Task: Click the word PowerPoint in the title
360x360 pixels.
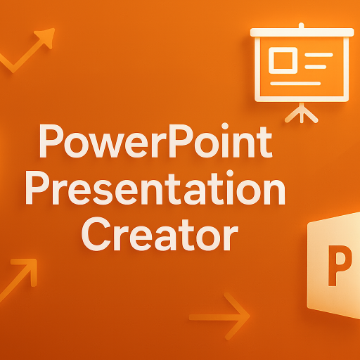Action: coord(155,141)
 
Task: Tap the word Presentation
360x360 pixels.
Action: coord(155,189)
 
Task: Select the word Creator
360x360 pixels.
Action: coord(160,234)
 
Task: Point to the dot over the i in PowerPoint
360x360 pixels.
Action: coord(225,127)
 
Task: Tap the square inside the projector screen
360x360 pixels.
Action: coord(283,60)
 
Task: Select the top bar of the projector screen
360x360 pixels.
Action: coord(302,32)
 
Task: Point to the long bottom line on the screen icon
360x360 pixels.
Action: coord(295,84)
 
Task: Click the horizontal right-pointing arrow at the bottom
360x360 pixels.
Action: coord(219,316)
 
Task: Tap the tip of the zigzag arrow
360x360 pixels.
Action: coord(54,29)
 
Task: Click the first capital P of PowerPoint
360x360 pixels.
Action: coord(51,141)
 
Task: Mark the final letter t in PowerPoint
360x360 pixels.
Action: coord(265,142)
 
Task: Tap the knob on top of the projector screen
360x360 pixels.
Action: coord(302,25)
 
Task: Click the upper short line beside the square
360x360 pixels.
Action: coord(319,55)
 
